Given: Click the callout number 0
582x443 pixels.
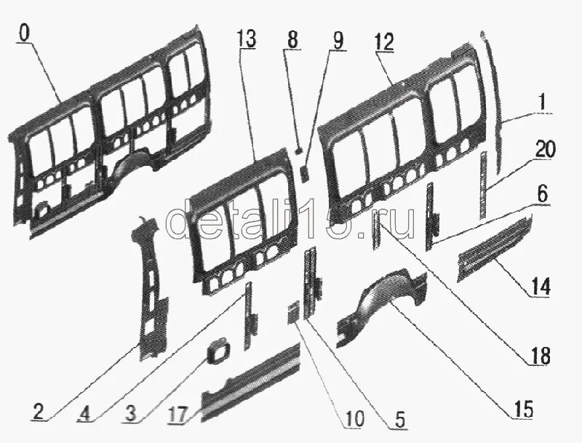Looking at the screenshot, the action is (26, 33).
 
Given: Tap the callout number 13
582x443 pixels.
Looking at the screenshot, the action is (246, 41).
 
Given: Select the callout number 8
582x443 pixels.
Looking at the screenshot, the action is (292, 41).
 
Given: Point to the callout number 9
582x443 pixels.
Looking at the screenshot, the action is (337, 41).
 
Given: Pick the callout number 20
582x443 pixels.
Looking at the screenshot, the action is (545, 151).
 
